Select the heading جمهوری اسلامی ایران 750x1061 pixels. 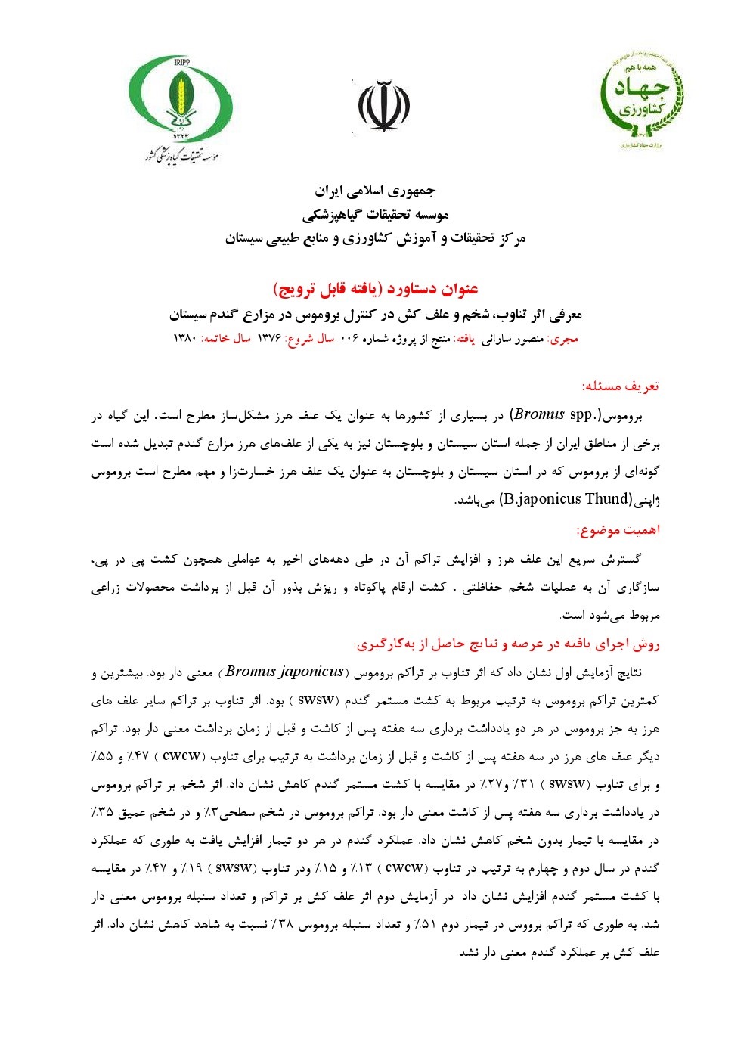pyautogui.click(x=375, y=190)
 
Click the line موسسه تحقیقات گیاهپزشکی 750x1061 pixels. pyautogui.click(x=375, y=215)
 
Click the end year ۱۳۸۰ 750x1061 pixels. pyautogui.click(x=185, y=339)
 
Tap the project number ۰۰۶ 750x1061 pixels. pyautogui.click(x=349, y=339)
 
